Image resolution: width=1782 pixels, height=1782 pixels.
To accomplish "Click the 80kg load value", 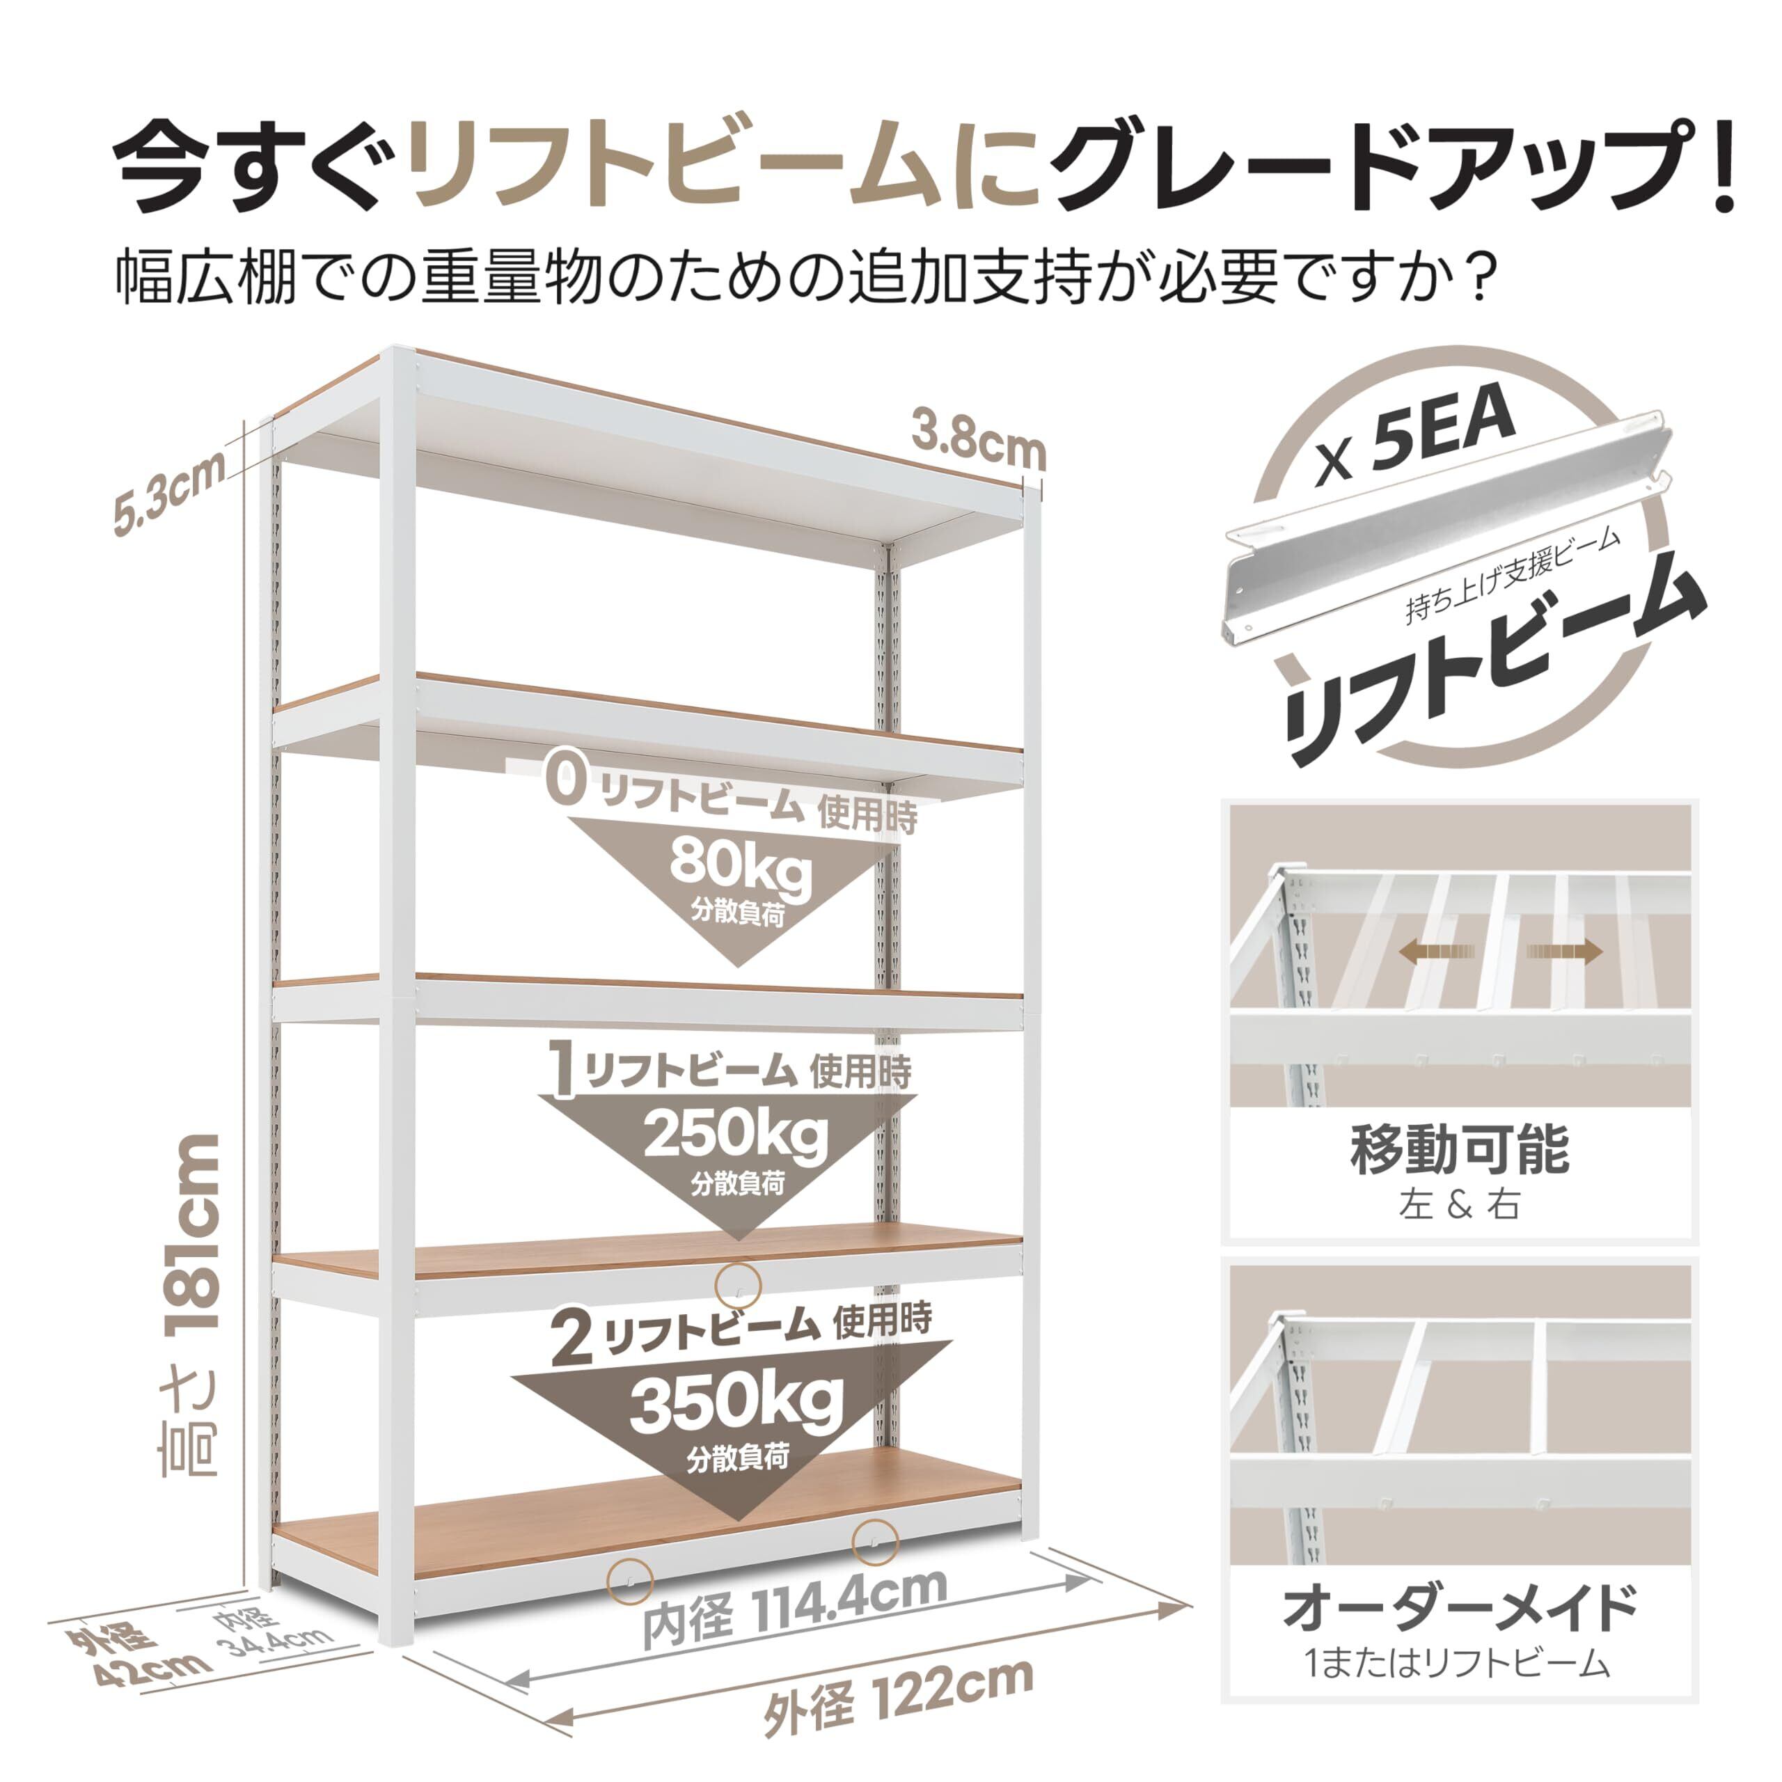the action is point(741,866).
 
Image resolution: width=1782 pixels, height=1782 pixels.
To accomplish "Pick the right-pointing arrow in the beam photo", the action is point(1566,951).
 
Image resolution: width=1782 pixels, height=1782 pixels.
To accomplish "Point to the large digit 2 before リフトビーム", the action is point(573,1339).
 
